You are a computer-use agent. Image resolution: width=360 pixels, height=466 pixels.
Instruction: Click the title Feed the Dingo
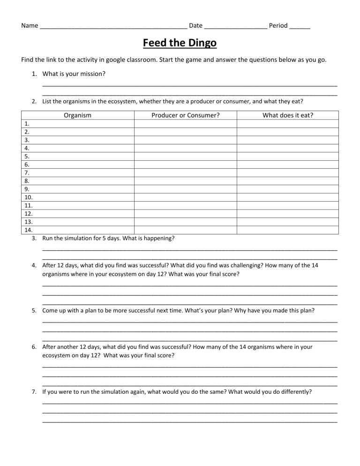tap(180, 43)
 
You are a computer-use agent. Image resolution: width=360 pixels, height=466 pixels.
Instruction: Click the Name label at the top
tap(30, 25)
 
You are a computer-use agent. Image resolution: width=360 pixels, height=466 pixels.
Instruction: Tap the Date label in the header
tap(195, 25)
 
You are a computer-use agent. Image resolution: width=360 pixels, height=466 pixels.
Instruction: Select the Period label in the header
tap(278, 25)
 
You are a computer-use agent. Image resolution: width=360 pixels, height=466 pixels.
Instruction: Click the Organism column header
tap(78, 115)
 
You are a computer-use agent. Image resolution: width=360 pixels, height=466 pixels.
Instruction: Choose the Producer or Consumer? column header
tap(186, 115)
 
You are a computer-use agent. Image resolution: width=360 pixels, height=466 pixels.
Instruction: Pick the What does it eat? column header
tap(288, 115)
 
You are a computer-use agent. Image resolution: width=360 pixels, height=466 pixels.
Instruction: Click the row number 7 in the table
tap(27, 173)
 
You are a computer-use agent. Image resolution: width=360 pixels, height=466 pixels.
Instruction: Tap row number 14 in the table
tap(28, 230)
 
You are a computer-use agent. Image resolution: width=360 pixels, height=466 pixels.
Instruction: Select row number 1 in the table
tap(27, 124)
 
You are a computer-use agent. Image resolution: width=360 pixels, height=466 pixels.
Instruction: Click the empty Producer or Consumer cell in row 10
tap(186, 197)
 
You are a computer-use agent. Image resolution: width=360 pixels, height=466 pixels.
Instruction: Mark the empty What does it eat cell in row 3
tap(287, 140)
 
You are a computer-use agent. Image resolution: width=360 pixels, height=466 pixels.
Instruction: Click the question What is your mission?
tap(74, 74)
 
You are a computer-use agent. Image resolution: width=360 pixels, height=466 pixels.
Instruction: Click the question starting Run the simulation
tap(108, 238)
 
